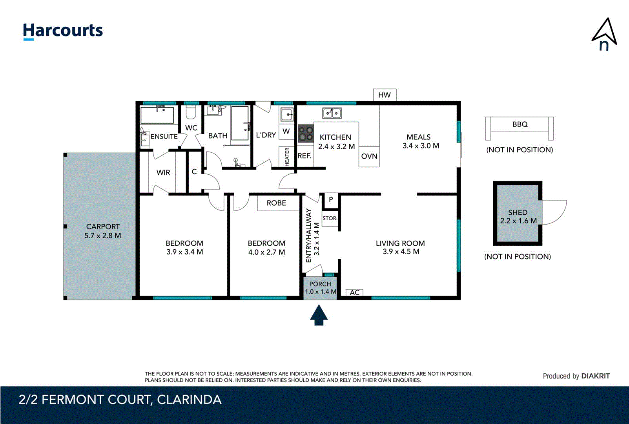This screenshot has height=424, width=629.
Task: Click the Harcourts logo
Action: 63,31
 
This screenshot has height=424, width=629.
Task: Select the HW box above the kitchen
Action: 384,95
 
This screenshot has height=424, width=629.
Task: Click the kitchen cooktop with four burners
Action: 306,133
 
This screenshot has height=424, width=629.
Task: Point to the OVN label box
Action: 369,156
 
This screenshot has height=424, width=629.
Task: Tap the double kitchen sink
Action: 332,113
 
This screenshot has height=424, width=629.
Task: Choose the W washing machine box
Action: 286,132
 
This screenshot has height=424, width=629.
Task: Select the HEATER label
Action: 287,157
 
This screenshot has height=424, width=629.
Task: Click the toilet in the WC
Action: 191,113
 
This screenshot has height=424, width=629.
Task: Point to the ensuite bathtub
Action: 157,115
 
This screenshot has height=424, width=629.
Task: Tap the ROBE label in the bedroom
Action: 276,203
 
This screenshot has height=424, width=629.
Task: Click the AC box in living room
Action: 354,292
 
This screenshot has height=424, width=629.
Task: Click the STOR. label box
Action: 330,218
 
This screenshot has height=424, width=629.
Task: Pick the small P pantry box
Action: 331,200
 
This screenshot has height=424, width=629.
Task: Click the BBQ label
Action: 520,124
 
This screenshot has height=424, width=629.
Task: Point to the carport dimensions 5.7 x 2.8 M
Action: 102,236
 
